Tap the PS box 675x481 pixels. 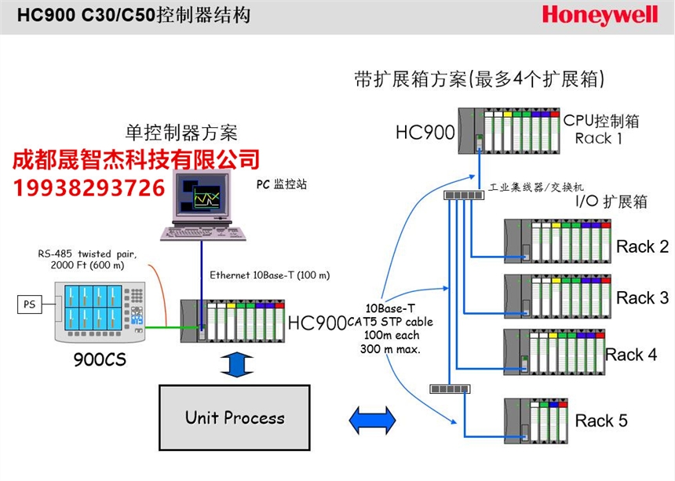coord(29,304)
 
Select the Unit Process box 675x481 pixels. coord(235,417)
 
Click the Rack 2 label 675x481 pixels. coord(642,247)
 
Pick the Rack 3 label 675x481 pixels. coord(642,298)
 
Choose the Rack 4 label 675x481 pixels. coord(631,355)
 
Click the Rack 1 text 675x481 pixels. coord(598,139)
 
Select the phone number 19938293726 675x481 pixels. coord(89,188)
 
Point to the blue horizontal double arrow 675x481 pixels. coord(372,420)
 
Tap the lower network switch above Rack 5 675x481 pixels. coord(451,388)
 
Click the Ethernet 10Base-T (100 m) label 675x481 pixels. coord(270,275)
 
